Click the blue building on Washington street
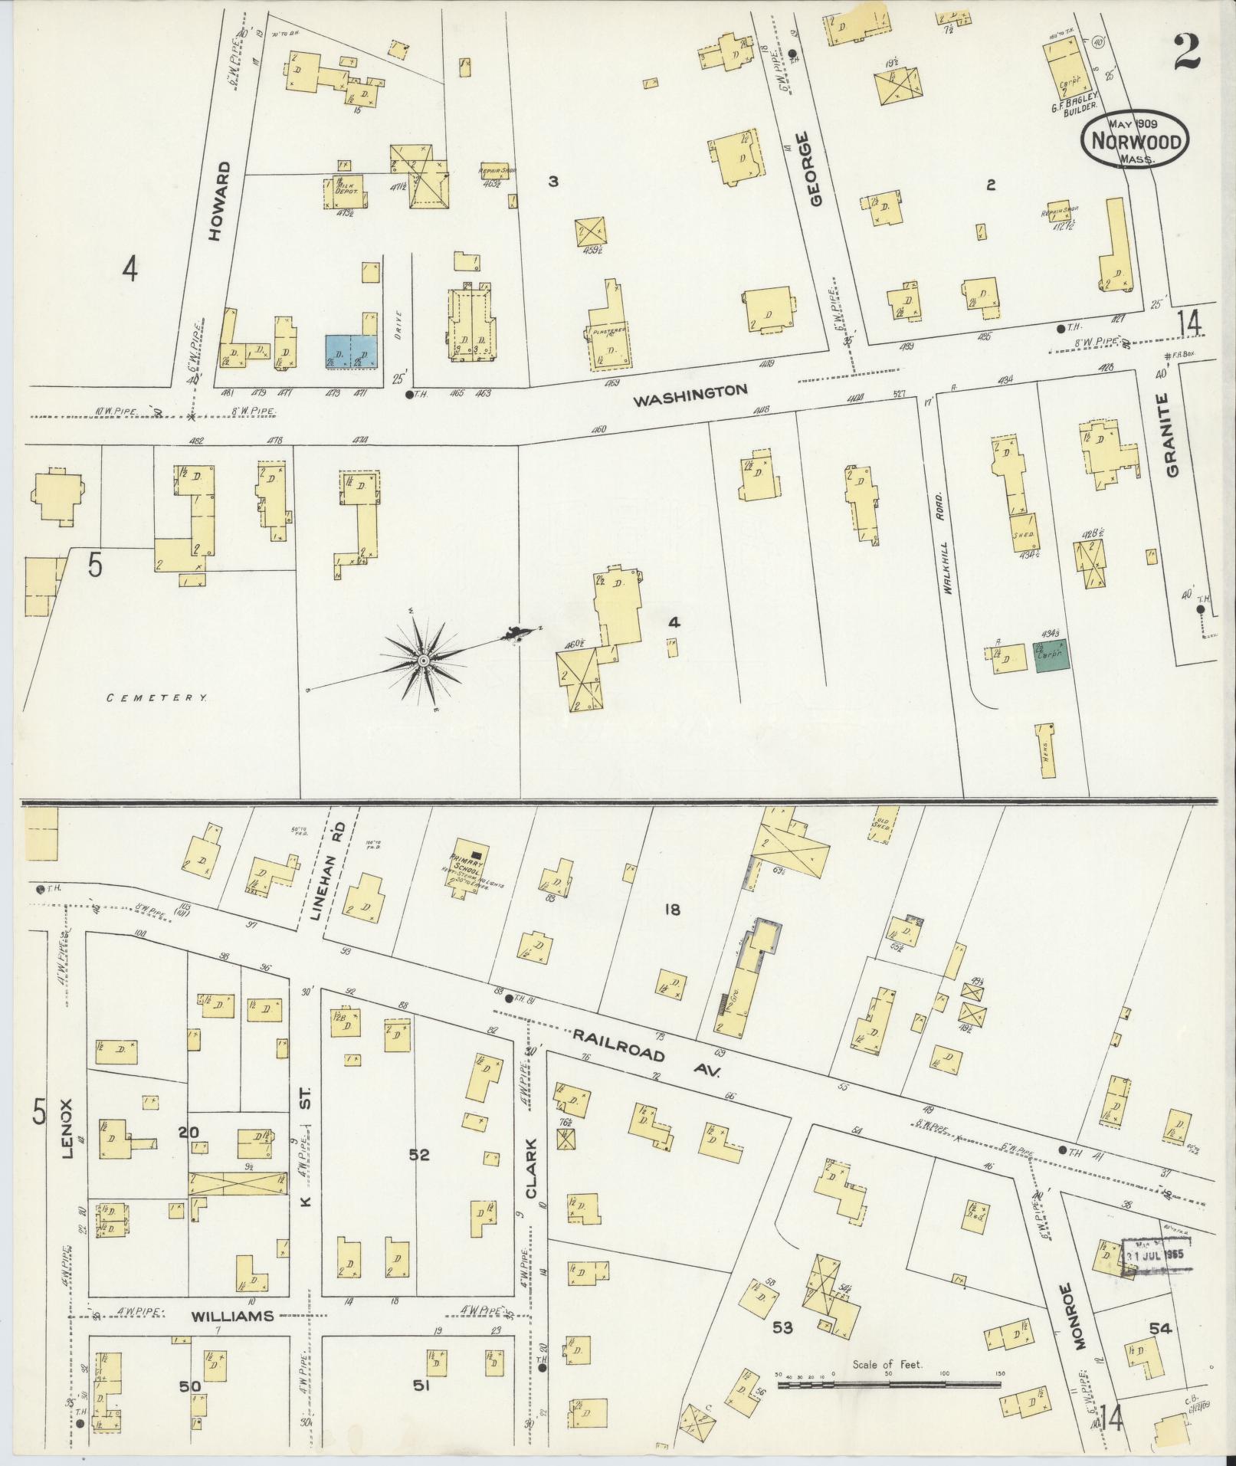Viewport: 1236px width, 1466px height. pos(352,352)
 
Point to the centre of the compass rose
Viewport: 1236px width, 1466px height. pos(422,660)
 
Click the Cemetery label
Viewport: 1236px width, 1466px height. pos(157,697)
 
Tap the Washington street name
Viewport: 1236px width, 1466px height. pos(690,391)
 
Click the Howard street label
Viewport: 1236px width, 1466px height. pos(218,202)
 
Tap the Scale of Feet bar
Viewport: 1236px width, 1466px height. pos(889,1385)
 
